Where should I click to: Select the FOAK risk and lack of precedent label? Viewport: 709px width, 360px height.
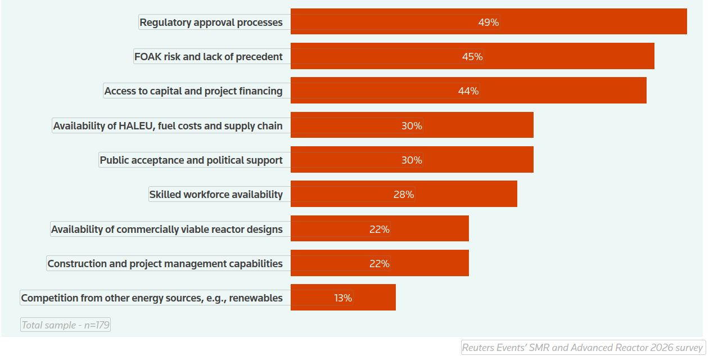[209, 56]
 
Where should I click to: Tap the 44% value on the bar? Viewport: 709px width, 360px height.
[468, 91]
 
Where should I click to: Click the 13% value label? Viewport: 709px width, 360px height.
[343, 298]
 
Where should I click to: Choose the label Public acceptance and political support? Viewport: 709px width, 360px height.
[191, 160]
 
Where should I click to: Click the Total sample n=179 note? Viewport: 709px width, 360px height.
[65, 325]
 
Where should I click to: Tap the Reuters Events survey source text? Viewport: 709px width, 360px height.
[582, 348]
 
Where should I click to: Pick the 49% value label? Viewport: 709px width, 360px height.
[489, 22]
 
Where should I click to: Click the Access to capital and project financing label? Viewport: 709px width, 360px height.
[193, 91]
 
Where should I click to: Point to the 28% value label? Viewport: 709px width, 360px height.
[404, 195]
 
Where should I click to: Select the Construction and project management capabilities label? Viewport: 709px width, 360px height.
[165, 264]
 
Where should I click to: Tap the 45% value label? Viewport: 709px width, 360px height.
[472, 57]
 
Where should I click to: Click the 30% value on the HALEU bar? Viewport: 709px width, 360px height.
[412, 126]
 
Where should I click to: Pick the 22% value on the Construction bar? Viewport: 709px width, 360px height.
[379, 264]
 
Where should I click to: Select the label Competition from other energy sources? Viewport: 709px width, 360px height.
[152, 298]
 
